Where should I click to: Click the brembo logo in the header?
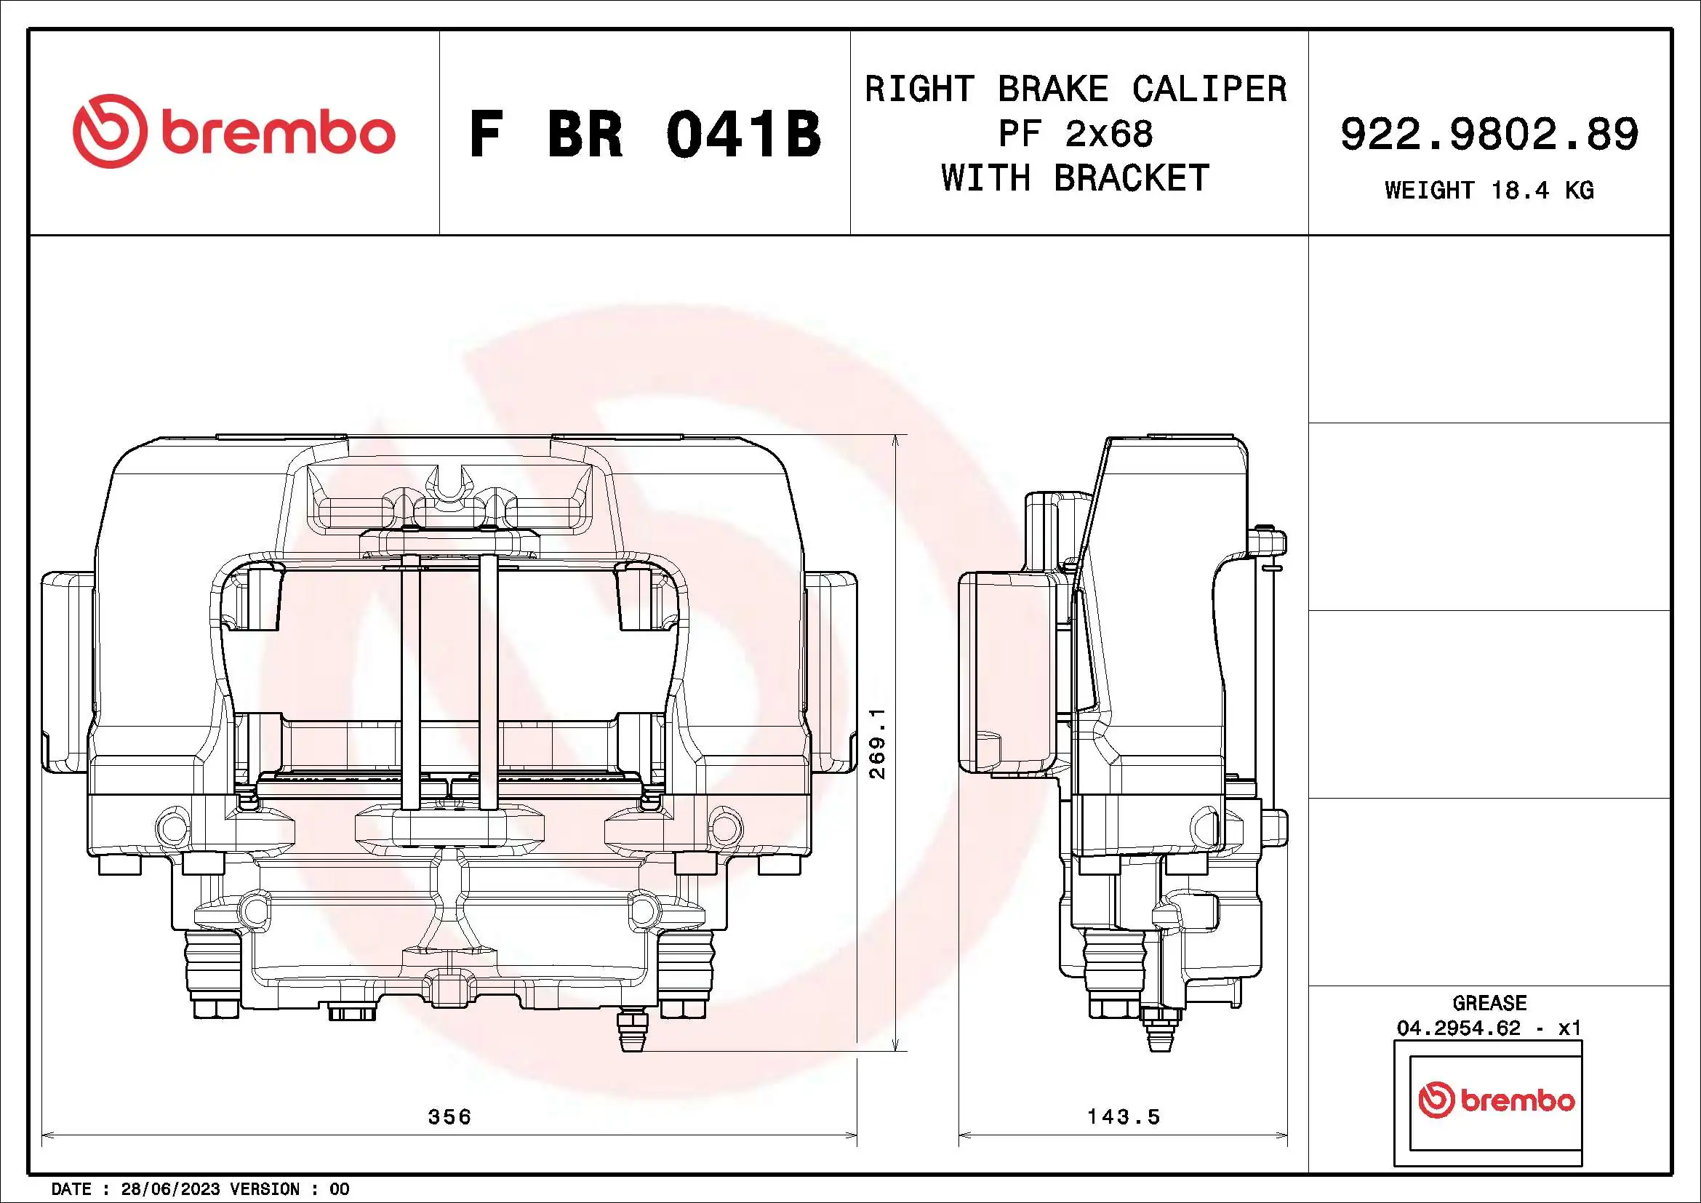point(233,132)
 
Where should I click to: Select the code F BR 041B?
point(644,135)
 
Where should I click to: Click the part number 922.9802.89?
point(1489,135)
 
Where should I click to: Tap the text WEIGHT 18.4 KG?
point(1489,191)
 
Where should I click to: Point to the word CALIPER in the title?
point(1209,89)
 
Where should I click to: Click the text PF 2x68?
point(1075,134)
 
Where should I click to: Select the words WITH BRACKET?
point(1075,178)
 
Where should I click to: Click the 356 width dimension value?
point(449,1116)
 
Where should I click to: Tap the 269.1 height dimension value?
point(877,743)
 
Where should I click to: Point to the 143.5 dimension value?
point(1123,1116)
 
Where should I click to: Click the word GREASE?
point(1489,1003)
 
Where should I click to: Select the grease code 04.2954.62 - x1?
point(1489,1028)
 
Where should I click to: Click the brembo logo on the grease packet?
point(1496,1100)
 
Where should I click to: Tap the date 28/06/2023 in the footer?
point(169,1189)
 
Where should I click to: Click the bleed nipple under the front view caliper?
point(633,1031)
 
